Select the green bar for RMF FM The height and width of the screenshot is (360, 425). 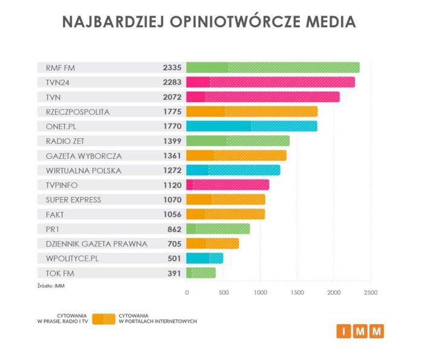273,68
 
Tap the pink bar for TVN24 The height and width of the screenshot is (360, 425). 270,82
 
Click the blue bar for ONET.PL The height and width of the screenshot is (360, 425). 251,126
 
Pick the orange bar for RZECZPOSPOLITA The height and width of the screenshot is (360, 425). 251,112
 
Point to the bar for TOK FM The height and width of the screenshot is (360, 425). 201,273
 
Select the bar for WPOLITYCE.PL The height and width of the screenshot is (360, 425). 204,258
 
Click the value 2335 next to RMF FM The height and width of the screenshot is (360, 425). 172,68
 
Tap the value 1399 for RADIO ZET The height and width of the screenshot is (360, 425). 172,141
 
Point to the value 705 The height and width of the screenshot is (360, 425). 174,243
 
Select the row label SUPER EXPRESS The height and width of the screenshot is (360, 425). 69,199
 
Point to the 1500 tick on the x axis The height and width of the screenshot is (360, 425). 297,292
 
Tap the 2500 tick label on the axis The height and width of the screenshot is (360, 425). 371,292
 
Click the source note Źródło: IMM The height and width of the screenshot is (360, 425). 50,286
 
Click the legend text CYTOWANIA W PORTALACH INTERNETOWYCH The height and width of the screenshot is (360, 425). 157,319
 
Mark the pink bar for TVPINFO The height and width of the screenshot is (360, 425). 228,185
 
